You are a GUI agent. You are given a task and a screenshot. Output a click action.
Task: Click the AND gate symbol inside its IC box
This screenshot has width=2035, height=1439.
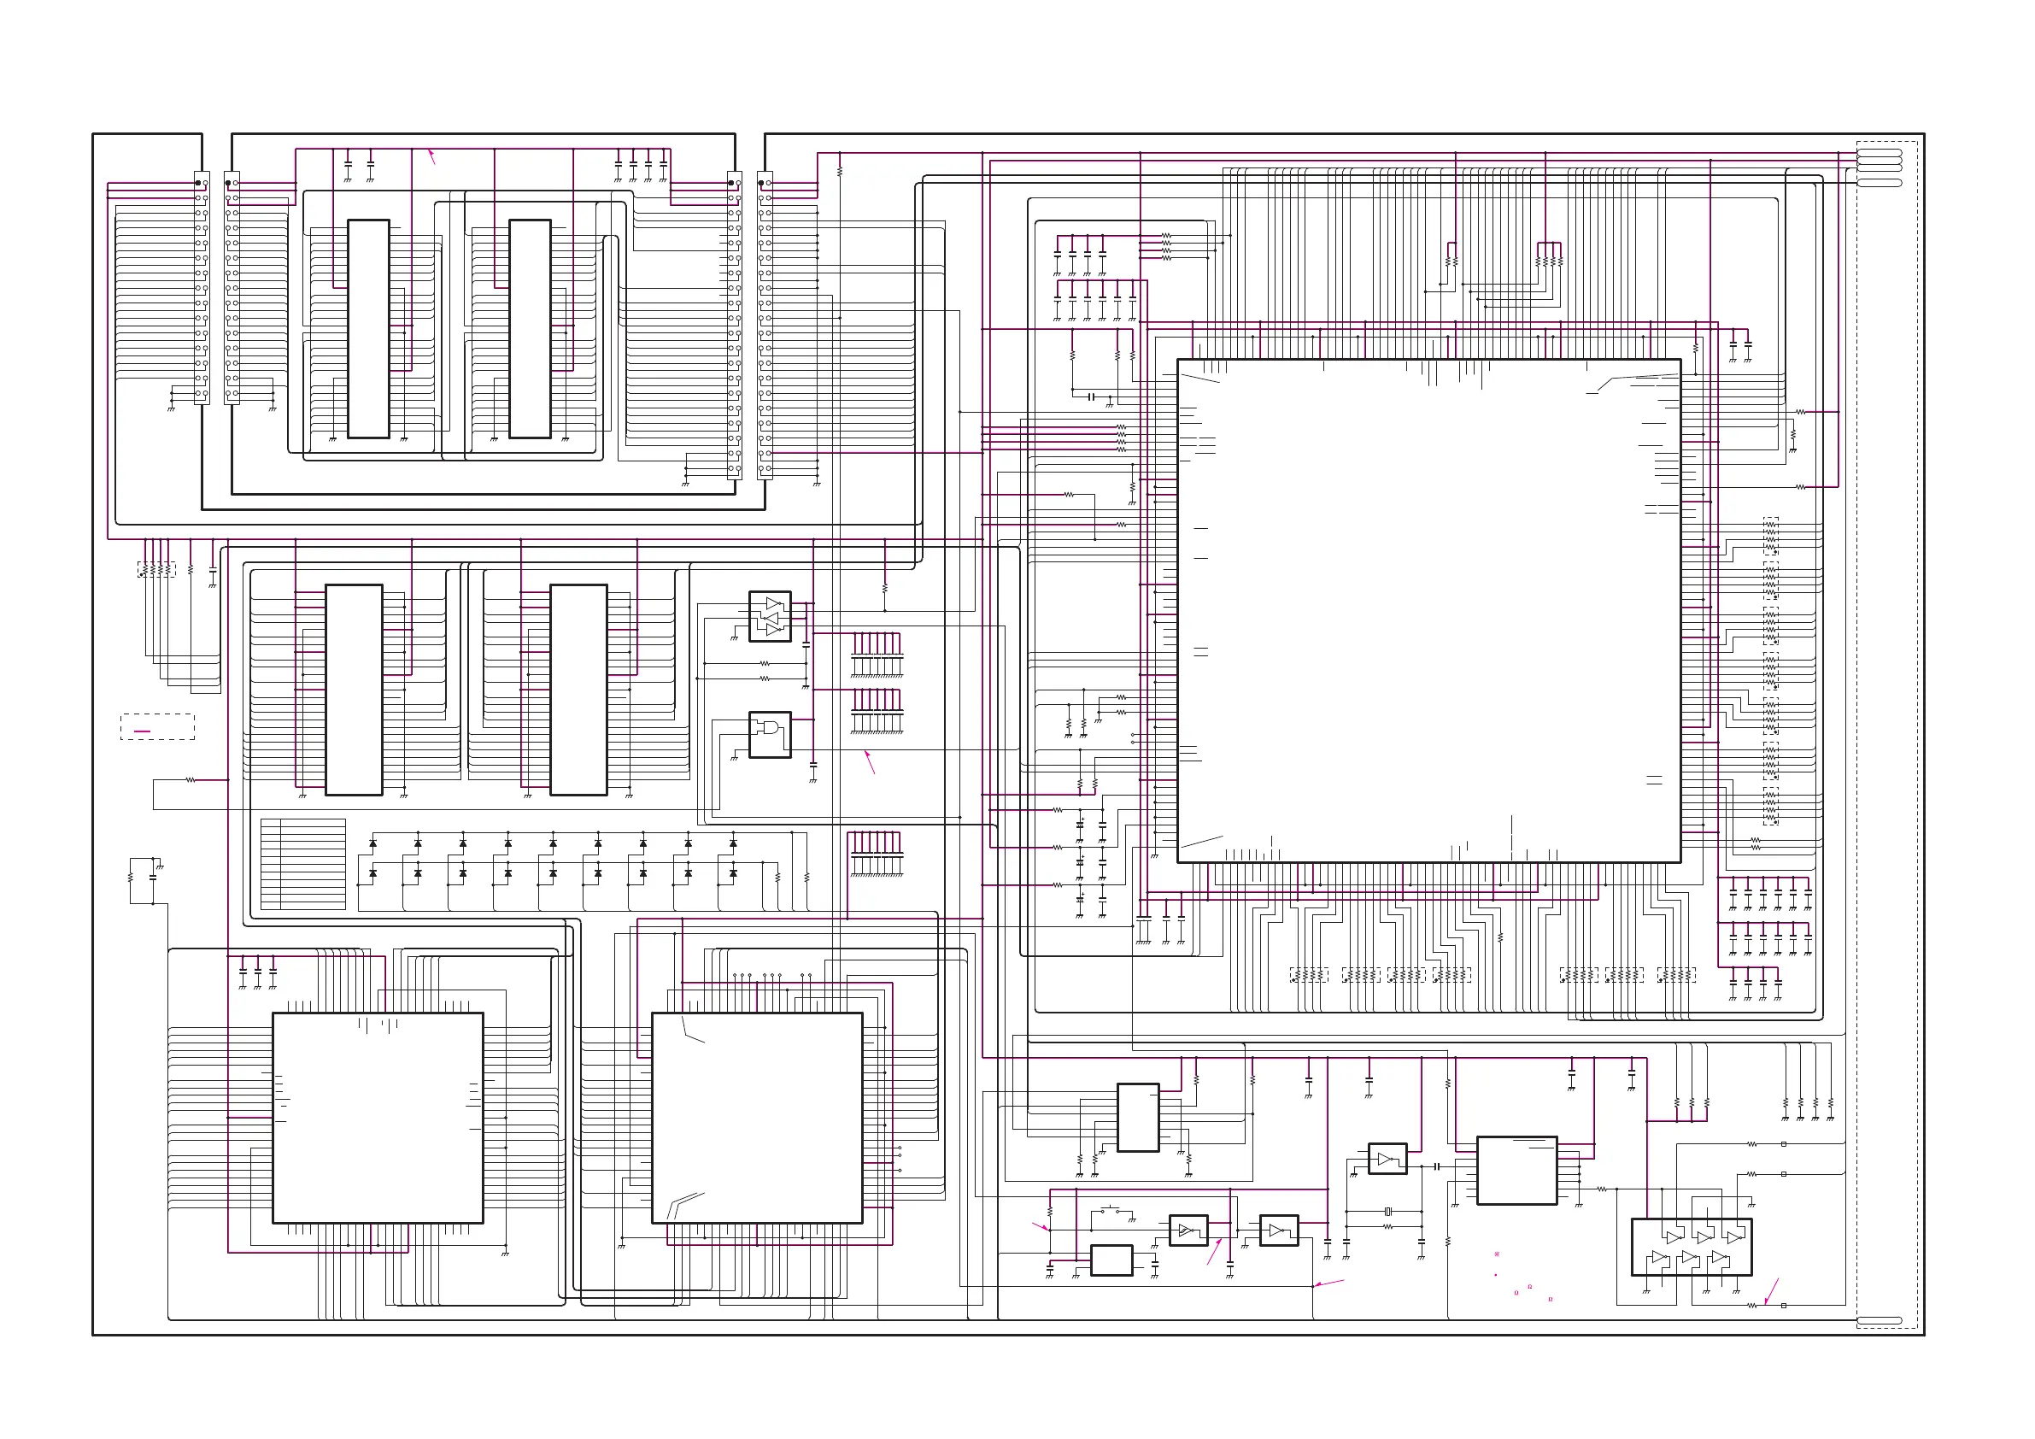click(767, 730)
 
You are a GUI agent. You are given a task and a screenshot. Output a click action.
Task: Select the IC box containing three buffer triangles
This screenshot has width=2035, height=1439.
click(770, 616)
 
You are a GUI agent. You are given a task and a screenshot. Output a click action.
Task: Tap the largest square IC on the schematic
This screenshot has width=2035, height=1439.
click(1428, 610)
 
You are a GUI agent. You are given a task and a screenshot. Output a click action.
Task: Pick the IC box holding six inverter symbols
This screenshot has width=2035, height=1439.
click(1691, 1247)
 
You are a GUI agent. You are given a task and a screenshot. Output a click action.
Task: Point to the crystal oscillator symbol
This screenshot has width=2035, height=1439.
click(1388, 1211)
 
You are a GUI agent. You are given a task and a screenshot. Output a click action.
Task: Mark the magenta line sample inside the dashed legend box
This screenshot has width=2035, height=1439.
click(142, 731)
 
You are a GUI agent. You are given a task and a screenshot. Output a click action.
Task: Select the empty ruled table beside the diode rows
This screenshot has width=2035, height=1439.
click(303, 864)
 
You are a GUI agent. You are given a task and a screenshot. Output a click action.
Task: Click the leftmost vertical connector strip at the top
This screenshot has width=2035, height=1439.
click(202, 287)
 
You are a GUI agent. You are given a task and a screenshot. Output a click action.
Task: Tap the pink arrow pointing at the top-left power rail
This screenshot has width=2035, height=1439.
click(431, 156)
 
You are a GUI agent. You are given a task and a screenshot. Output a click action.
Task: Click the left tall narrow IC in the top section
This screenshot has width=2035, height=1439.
click(368, 329)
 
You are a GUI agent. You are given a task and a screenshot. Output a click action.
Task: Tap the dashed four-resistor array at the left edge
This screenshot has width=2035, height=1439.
click(156, 569)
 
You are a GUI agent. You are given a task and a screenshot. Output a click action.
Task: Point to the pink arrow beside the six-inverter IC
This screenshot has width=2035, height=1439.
click(1771, 1291)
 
